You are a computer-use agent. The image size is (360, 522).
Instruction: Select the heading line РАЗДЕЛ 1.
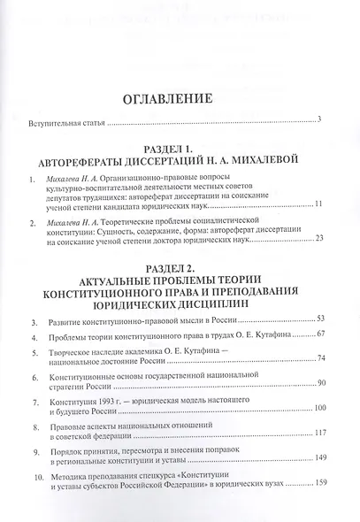180,151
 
